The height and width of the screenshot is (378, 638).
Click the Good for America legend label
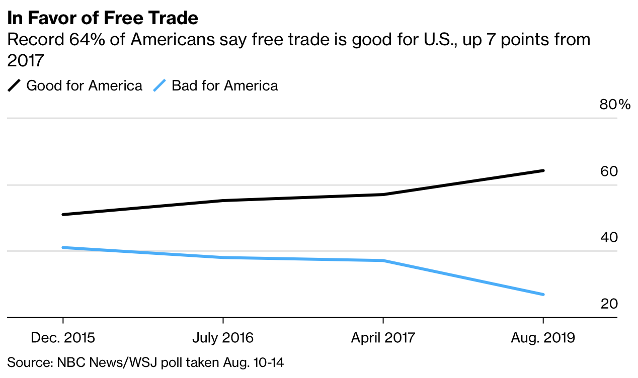(84, 85)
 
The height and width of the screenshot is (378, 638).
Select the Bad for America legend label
(224, 85)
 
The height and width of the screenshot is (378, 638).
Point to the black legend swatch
(14, 86)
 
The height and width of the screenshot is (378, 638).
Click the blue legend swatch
(159, 86)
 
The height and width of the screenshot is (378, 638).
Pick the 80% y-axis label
(614, 105)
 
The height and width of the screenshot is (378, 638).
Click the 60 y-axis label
(609, 171)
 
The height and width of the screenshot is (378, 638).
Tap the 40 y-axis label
(609, 237)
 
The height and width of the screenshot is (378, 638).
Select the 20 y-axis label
(609, 304)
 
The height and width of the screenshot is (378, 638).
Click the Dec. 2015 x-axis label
(63, 337)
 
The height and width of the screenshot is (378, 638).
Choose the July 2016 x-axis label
(223, 337)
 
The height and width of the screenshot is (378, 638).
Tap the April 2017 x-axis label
(383, 337)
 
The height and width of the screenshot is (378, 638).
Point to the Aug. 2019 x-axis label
(543, 337)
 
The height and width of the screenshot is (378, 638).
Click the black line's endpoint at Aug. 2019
(543, 171)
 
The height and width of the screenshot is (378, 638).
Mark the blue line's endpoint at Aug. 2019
(543, 294)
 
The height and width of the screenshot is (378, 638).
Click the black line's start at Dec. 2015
(63, 215)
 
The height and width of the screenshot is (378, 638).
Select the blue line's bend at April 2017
(383, 260)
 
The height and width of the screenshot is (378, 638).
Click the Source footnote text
(149, 361)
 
